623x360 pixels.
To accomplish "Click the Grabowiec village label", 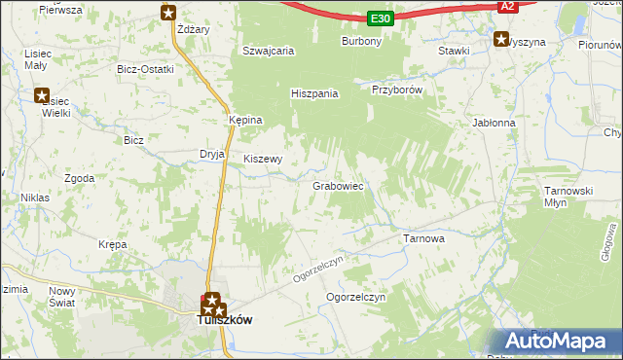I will [x=338, y=185].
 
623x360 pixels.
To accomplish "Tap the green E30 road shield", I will [x=381, y=18].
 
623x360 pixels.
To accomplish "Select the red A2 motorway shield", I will [x=506, y=6].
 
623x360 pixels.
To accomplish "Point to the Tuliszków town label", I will [x=225, y=319].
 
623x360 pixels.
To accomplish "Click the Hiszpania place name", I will [x=314, y=94].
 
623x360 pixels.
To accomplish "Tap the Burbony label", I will [x=361, y=42].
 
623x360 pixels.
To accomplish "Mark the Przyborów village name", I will [x=396, y=89].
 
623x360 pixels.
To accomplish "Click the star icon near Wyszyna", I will [x=501, y=40].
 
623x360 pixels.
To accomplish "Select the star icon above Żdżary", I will [x=168, y=13].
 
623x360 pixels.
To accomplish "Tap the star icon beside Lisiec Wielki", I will [x=42, y=95].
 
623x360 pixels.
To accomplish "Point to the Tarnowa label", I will [x=423, y=237].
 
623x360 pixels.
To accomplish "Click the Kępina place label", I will [x=245, y=120].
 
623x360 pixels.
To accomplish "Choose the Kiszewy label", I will [x=263, y=159].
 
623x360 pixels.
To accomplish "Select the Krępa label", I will [x=113, y=245].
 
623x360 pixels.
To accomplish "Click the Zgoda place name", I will [x=79, y=179].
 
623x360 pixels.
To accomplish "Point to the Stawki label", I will [x=455, y=51].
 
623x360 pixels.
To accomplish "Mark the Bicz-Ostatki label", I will [x=145, y=69].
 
